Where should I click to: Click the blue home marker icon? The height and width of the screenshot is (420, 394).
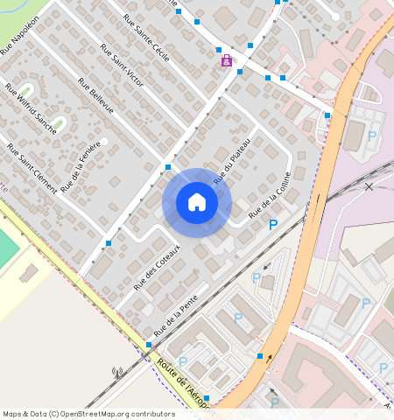[x=197, y=202]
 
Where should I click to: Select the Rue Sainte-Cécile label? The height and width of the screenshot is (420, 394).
[x=148, y=37]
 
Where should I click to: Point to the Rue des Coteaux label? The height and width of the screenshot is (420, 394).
[x=157, y=268]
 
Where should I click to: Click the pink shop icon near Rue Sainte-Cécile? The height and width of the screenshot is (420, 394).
[x=227, y=60]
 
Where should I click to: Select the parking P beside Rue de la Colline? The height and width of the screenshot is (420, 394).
[x=273, y=225]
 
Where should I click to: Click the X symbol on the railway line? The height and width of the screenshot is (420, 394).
[x=369, y=187]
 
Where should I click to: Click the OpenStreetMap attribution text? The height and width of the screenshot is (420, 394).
[x=88, y=414]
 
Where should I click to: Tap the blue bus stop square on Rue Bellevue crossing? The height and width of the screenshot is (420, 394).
[x=167, y=166]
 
